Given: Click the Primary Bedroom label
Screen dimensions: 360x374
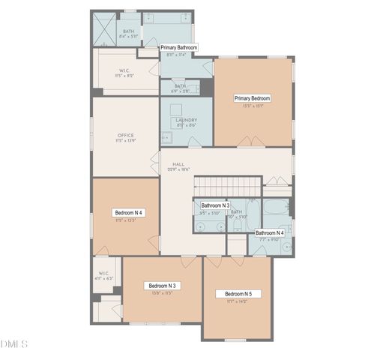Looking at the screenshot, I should (252, 98).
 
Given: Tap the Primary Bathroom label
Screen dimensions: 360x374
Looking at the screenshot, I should (179, 47).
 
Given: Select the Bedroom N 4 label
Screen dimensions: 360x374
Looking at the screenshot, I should (128, 212).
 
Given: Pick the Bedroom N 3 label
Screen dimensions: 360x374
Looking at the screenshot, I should (162, 286).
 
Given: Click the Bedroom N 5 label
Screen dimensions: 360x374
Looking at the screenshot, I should (238, 293).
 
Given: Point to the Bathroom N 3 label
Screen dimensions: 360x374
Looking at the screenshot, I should (215, 205).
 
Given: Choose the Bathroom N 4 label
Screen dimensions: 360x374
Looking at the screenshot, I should (270, 233).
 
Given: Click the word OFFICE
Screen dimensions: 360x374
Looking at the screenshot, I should (125, 135).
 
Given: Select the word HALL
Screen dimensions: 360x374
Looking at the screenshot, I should (178, 163).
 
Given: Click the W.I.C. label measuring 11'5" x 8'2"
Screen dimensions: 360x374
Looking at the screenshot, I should (124, 70).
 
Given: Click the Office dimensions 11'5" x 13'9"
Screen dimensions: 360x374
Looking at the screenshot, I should (125, 141).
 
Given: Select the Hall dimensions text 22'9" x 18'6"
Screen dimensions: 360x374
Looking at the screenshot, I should (178, 169).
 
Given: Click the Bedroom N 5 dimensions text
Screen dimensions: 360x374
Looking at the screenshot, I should (238, 301).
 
